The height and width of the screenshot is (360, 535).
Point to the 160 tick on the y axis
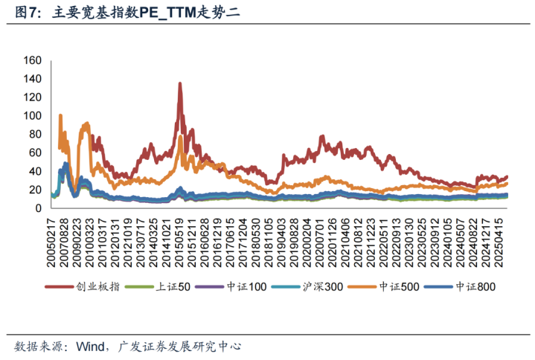click(x=32, y=60)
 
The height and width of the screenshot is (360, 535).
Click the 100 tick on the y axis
click(x=32, y=116)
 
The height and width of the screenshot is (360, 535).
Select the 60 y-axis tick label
click(x=35, y=153)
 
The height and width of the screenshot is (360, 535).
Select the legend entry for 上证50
click(x=161, y=286)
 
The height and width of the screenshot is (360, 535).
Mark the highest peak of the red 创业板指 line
click(x=179, y=84)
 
